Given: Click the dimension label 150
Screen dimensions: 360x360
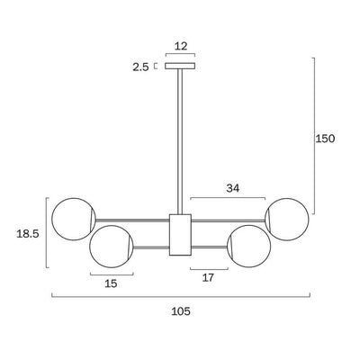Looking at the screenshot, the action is point(325,139).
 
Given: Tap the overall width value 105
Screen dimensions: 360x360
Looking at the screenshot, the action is point(181,311).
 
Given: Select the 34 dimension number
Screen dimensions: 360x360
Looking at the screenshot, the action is point(233,188).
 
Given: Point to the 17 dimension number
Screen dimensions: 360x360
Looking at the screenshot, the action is point(208,278).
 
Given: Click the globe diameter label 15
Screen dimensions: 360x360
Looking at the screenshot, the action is point(111,283).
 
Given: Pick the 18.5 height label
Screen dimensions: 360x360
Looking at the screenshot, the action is point(28,234).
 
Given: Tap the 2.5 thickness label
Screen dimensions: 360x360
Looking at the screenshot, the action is point(140,67).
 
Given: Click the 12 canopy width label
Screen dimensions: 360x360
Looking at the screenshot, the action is point(181,46).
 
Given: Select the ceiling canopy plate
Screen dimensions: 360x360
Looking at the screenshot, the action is point(180,66).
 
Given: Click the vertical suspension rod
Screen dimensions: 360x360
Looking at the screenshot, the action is point(180,141).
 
